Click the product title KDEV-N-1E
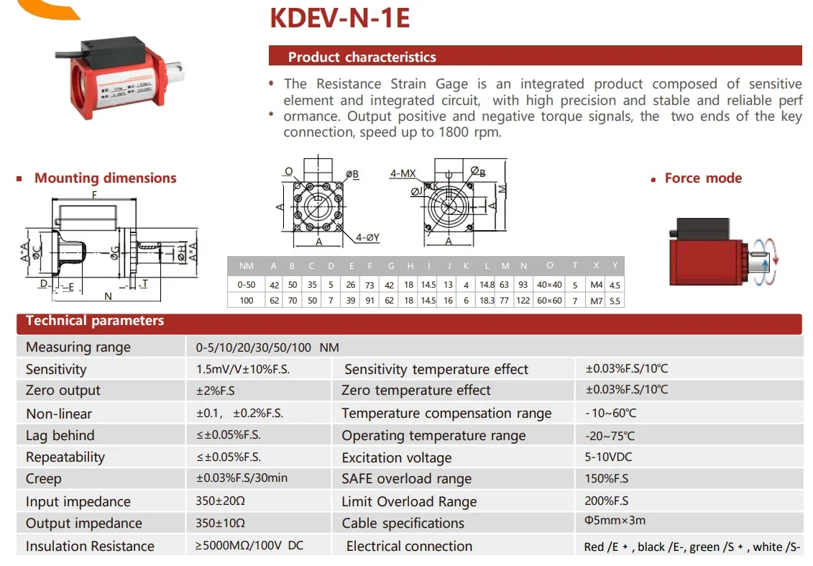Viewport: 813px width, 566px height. click(339, 18)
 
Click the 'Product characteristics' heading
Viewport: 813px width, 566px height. click(362, 57)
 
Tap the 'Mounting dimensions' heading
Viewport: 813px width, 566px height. click(105, 178)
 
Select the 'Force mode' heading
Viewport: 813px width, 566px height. click(703, 178)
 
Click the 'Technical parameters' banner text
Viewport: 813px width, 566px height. click(95, 321)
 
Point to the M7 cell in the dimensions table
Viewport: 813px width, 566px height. click(596, 301)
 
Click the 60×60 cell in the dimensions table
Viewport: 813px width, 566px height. click(549, 301)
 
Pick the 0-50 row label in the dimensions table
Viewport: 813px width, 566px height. click(247, 285)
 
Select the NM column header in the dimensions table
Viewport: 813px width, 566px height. click(247, 266)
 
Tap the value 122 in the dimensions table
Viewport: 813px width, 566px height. click(523, 301)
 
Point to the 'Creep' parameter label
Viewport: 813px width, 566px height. click(44, 479)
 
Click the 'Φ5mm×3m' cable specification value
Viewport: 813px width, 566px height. click(615, 521)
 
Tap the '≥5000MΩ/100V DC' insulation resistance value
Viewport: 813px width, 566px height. click(249, 546)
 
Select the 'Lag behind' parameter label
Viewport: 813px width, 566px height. click(60, 435)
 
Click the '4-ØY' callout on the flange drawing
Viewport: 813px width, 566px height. click(367, 237)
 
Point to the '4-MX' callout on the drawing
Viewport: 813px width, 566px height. click(403, 173)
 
